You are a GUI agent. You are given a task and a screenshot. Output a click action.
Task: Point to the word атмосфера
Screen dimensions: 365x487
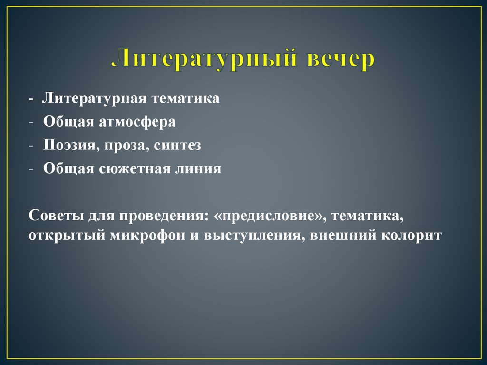point(137,122)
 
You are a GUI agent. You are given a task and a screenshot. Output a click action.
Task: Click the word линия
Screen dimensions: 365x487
point(200,169)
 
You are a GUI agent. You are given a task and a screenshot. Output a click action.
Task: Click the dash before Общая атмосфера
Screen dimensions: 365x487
point(31,122)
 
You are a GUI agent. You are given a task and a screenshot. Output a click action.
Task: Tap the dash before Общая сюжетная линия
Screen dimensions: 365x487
point(31,169)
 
